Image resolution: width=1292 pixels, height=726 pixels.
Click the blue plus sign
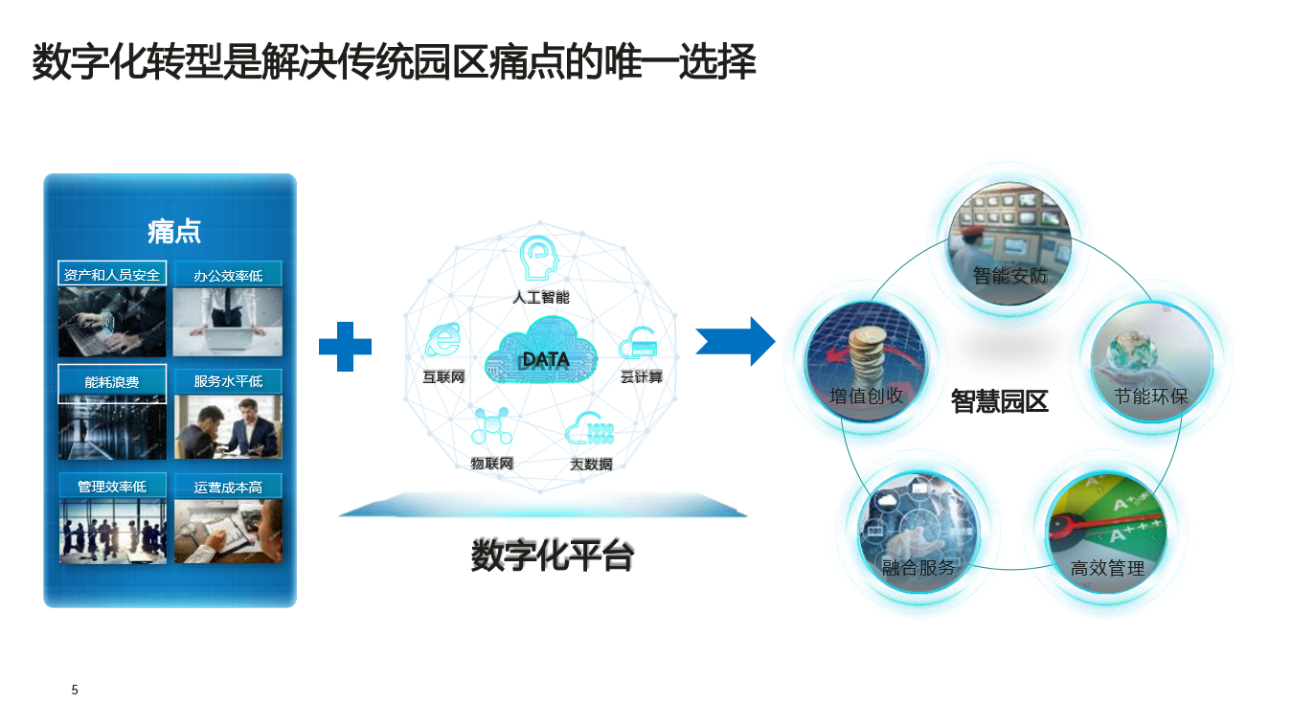[345, 347]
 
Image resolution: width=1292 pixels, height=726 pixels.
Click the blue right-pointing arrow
[736, 341]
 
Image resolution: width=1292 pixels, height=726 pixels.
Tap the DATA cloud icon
[541, 351]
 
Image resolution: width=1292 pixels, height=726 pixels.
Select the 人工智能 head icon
[538, 258]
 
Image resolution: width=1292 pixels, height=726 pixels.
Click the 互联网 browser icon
[443, 340]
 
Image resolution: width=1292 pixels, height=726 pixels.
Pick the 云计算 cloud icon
[638, 343]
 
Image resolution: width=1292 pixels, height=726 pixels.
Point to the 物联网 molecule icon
[491, 426]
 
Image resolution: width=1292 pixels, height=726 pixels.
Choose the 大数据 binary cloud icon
[589, 428]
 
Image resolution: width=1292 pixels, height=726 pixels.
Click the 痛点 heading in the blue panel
[173, 232]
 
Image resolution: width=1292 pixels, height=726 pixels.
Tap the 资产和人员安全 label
[112, 275]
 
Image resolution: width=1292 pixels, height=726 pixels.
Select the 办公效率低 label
[228, 276]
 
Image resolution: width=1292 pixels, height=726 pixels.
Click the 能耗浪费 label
[112, 382]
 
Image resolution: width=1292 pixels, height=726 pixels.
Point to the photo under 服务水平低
[228, 427]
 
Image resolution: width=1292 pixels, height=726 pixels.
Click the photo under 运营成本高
[228, 532]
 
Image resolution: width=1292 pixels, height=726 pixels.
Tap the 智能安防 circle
[1010, 244]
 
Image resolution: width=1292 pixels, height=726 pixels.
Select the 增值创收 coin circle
[867, 361]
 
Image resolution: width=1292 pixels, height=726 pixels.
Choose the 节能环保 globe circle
[1152, 362]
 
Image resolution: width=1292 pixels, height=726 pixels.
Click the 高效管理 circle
[1107, 533]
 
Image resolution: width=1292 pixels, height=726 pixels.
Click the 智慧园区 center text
[1000, 401]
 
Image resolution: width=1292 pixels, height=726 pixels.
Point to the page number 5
[75, 690]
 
